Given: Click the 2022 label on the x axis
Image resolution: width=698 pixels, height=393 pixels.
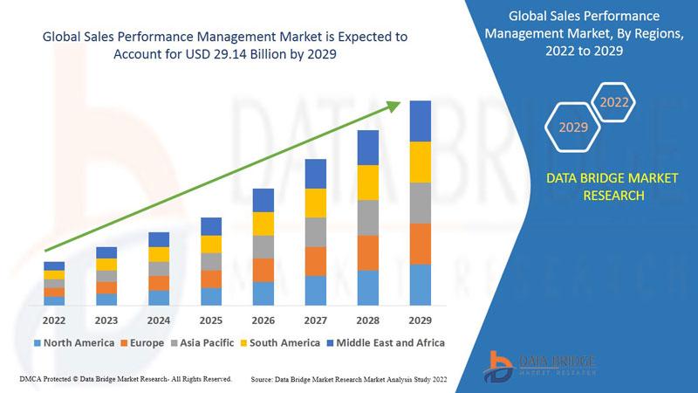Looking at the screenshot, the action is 54,321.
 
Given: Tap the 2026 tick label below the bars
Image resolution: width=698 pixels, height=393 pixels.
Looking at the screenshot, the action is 263,321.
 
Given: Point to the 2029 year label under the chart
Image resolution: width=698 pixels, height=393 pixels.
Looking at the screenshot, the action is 421,321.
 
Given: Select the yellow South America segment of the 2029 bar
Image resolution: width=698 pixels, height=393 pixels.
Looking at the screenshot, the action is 421,162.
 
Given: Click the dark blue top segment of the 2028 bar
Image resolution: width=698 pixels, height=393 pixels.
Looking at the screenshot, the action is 368,148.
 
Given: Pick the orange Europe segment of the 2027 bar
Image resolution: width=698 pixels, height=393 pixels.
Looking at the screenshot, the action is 316,261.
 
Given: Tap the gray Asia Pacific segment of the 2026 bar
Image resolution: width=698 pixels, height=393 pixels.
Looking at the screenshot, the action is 263,247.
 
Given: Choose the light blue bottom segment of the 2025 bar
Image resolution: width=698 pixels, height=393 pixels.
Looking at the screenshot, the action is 211,296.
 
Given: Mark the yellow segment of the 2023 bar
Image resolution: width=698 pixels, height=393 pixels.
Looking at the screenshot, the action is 106,265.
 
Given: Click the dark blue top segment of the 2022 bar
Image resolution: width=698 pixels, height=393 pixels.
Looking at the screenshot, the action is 54,266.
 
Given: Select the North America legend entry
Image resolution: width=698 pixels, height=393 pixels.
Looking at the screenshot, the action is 74,343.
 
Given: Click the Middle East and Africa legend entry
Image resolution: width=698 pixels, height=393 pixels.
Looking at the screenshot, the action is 386,343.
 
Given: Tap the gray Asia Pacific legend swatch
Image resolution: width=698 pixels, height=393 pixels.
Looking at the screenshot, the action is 174,343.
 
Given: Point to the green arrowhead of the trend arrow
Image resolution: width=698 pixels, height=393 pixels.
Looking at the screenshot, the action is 393,107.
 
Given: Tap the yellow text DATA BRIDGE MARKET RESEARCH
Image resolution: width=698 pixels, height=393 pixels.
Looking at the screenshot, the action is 612,187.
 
